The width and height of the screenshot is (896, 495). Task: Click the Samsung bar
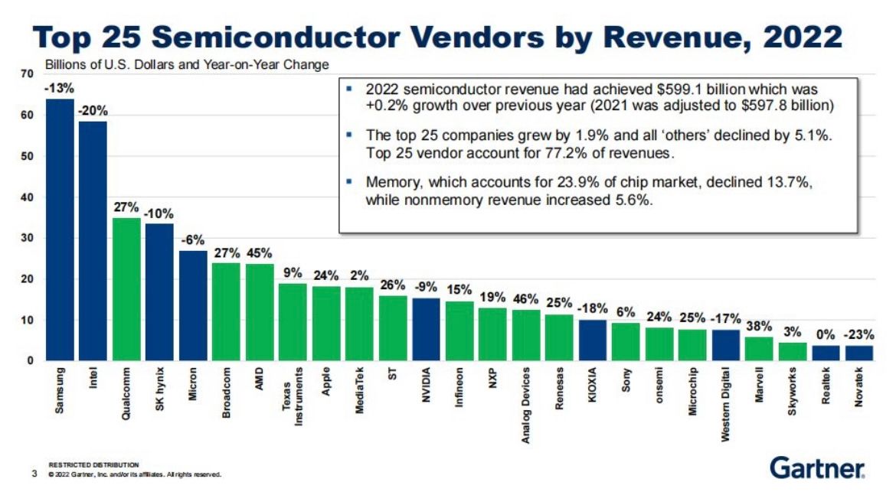pos(60,230)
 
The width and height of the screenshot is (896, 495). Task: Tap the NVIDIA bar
pos(426,329)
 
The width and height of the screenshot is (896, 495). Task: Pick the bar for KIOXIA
pos(593,340)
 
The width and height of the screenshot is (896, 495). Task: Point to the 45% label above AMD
pos(260,253)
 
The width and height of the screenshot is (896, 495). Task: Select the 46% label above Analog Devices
pos(526,299)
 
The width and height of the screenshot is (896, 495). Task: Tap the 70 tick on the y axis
pos(28,74)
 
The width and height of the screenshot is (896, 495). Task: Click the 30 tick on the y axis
pos(28,239)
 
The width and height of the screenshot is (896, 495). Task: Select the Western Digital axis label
pos(725,406)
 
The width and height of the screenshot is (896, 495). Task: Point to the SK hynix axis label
pos(159,392)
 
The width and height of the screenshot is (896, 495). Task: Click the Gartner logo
pos(817,467)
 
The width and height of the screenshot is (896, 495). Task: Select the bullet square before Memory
pos(349,183)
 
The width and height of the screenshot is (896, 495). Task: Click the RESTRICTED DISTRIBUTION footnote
pos(93,464)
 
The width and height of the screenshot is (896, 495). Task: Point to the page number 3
pos(34,474)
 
